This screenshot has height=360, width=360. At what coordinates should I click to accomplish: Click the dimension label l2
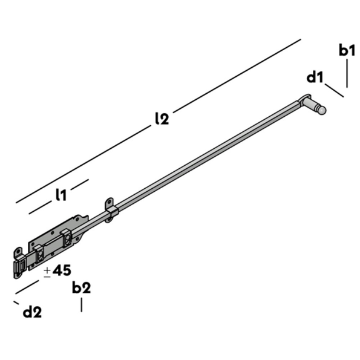(x=161, y=119)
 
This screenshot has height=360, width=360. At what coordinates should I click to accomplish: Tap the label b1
(x=347, y=51)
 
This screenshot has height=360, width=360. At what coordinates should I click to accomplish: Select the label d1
(x=315, y=77)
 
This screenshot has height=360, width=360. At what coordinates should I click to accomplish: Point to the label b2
(x=81, y=288)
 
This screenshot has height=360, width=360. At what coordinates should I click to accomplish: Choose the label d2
(x=32, y=312)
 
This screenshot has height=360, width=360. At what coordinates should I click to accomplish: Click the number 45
(x=62, y=270)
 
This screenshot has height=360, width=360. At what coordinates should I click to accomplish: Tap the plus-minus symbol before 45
(x=47, y=272)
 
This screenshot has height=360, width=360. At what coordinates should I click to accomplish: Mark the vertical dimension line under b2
(x=81, y=304)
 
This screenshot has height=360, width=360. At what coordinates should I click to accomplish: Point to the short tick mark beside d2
(x=16, y=302)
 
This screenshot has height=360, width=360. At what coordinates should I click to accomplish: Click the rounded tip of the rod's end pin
(x=322, y=111)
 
